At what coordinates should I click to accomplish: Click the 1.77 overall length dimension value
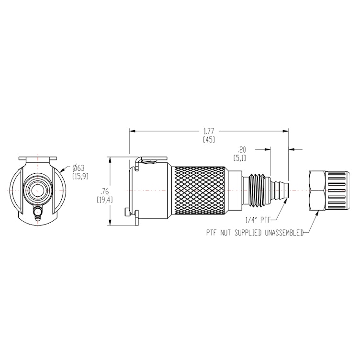tap(209, 130)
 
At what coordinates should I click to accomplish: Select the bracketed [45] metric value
tap(209, 140)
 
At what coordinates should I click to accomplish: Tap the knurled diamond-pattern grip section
tap(200, 191)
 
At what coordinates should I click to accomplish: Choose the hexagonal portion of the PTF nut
tap(317, 190)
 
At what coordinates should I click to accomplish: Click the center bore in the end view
tap(37, 190)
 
